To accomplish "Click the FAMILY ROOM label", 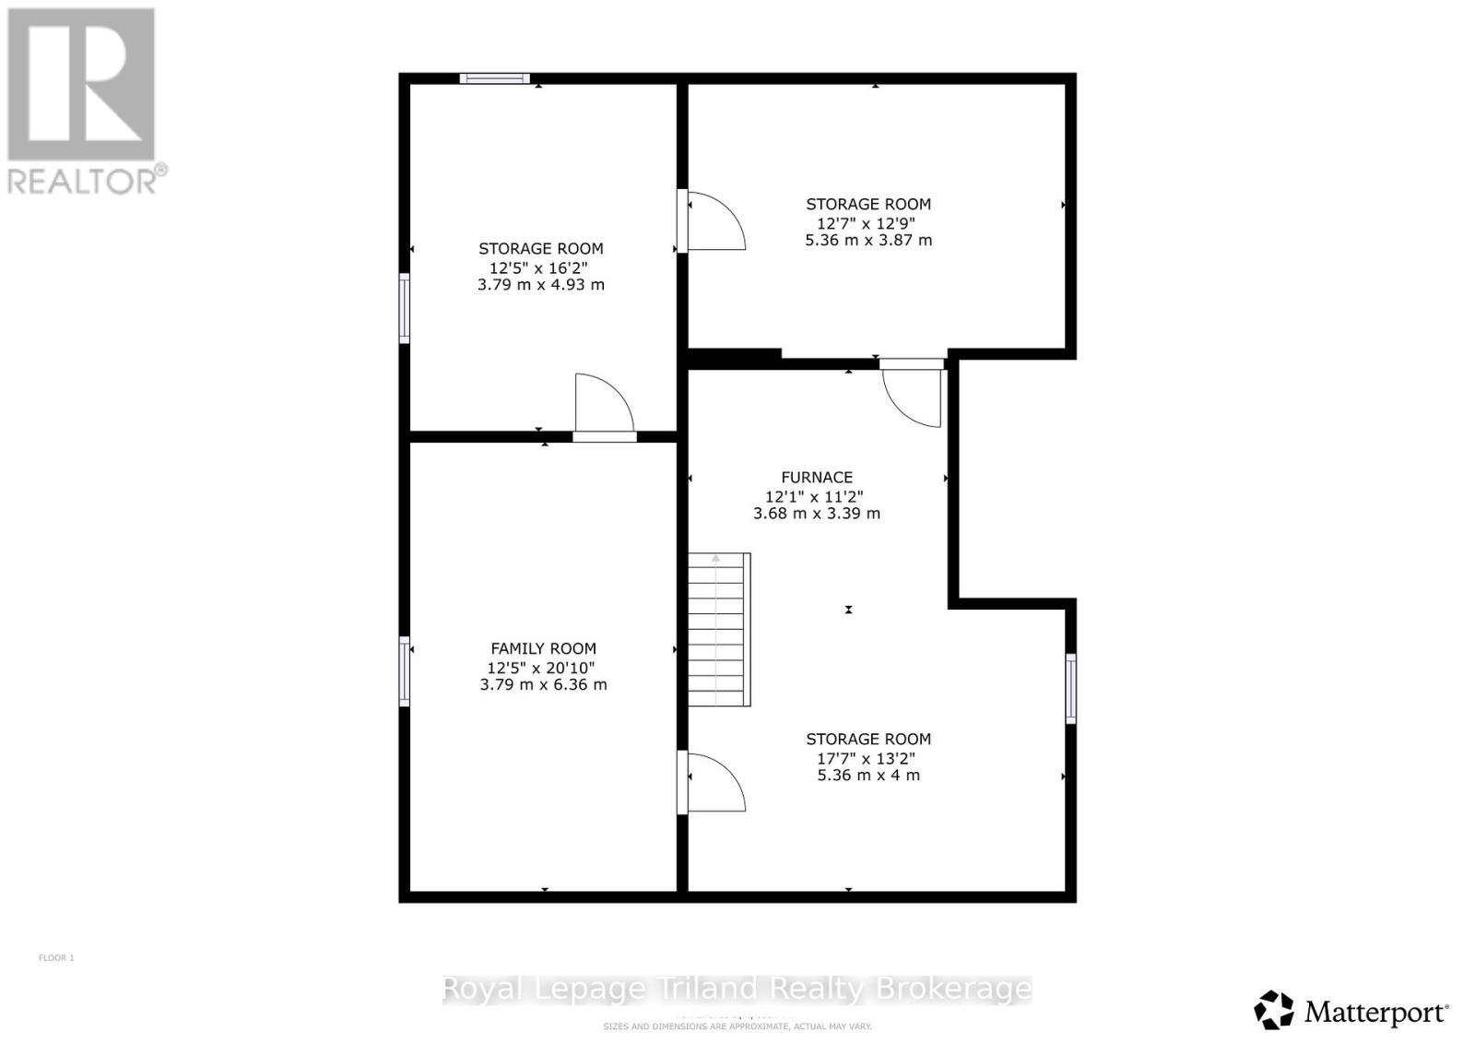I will (x=543, y=648).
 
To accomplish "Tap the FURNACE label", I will (x=817, y=477).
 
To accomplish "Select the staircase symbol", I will (x=719, y=629).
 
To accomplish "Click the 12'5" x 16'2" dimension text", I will (x=540, y=267).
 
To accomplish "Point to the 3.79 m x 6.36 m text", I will (x=543, y=684).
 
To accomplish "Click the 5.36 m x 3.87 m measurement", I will (x=868, y=240).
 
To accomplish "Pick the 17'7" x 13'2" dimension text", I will (x=868, y=758).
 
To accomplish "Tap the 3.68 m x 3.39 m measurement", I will (x=817, y=513).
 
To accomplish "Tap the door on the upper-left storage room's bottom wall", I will (x=604, y=406).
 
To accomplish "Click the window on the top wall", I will (x=495, y=78).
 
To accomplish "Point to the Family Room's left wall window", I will (x=404, y=670).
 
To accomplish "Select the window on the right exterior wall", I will (x=1070, y=688).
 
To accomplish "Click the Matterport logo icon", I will (x=1274, y=1010).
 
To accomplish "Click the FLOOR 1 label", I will (x=56, y=957).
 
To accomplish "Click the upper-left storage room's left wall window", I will (x=404, y=308).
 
